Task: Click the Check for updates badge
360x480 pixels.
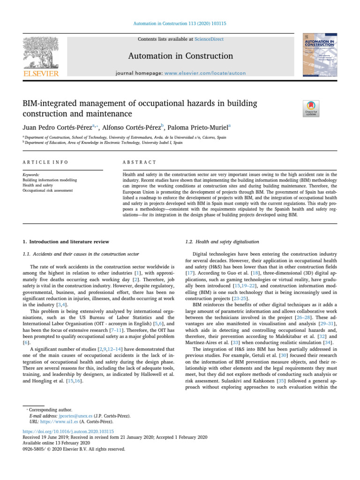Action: pyautogui.click(x=312, y=108)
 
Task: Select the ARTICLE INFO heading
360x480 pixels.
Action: pyautogui.click(x=45, y=162)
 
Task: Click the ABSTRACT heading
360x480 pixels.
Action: pyautogui.click(x=139, y=162)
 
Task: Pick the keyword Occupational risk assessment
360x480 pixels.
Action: pyautogui.click(x=47, y=191)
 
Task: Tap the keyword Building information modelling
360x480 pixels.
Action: pyautogui.click(x=50, y=180)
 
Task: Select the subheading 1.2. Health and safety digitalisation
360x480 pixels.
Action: pyautogui.click(x=222, y=242)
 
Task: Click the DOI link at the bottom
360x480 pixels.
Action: pyautogui.click(x=68, y=431)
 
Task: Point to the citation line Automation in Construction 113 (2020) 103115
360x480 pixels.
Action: pyautogui.click(x=180, y=23)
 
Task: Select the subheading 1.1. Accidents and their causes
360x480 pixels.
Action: pyautogui.click(x=81, y=254)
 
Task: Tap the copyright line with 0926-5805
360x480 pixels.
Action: pyautogui.click(x=74, y=449)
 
